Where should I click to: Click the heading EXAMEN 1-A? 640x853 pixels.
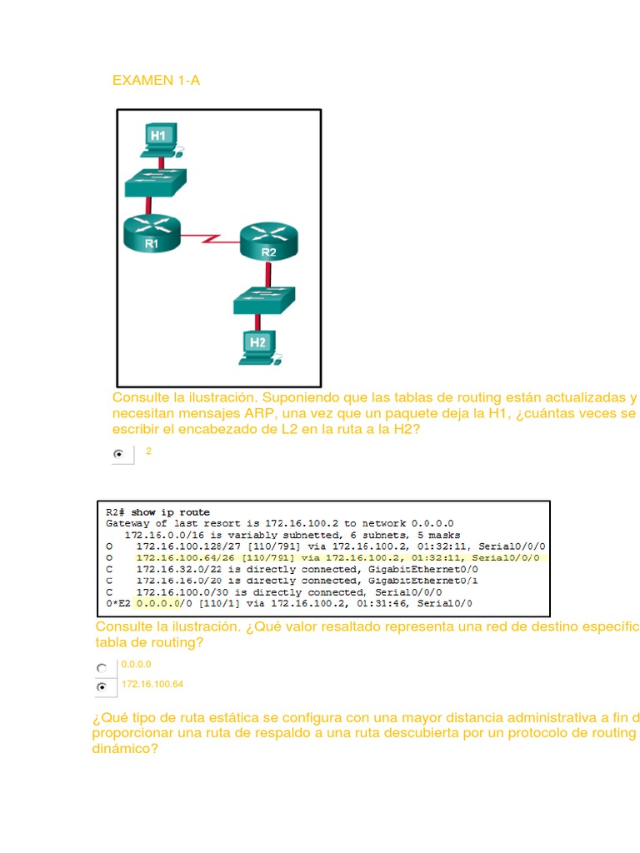coord(156,81)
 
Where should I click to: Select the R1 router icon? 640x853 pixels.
coord(151,232)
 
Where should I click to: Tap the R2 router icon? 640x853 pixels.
coord(267,242)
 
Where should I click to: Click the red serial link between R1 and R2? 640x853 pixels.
coord(209,239)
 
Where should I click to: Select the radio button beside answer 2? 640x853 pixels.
coord(120,454)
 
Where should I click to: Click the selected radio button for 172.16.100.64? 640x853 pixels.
coord(102,687)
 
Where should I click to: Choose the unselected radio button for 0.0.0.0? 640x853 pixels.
coord(102,667)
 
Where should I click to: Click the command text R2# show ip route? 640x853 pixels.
coord(158,511)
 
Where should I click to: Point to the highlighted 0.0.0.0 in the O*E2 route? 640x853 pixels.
coord(157,603)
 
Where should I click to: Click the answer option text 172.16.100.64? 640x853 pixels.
coord(152,684)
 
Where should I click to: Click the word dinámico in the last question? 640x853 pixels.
coord(125,749)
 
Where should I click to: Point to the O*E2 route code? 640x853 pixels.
coord(118,603)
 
